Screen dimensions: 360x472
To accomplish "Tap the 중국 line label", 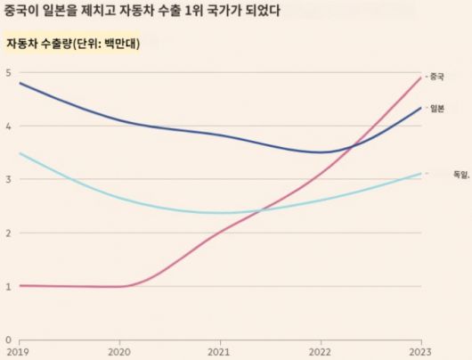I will click(x=435, y=77).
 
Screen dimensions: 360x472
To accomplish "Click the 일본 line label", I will click(x=435, y=108).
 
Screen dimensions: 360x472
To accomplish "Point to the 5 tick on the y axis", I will click(x=7, y=72).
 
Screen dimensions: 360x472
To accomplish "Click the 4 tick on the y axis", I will click(x=7, y=126).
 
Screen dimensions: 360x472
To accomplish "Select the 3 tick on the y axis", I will click(x=7, y=179).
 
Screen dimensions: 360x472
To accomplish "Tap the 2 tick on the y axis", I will click(x=7, y=233).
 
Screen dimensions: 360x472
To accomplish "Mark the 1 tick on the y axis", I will click(x=7, y=286).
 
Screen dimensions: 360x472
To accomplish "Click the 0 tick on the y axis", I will click(x=7, y=340).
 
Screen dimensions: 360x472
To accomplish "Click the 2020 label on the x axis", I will click(x=120, y=353).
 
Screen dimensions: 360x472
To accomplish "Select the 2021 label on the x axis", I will click(x=221, y=353).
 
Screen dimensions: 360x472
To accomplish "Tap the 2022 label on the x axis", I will click(x=321, y=353).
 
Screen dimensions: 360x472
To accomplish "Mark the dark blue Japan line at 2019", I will click(x=19, y=83).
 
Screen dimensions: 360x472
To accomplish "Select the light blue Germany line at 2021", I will click(x=221, y=213).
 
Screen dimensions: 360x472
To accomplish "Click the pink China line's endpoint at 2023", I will click(x=420, y=78).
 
